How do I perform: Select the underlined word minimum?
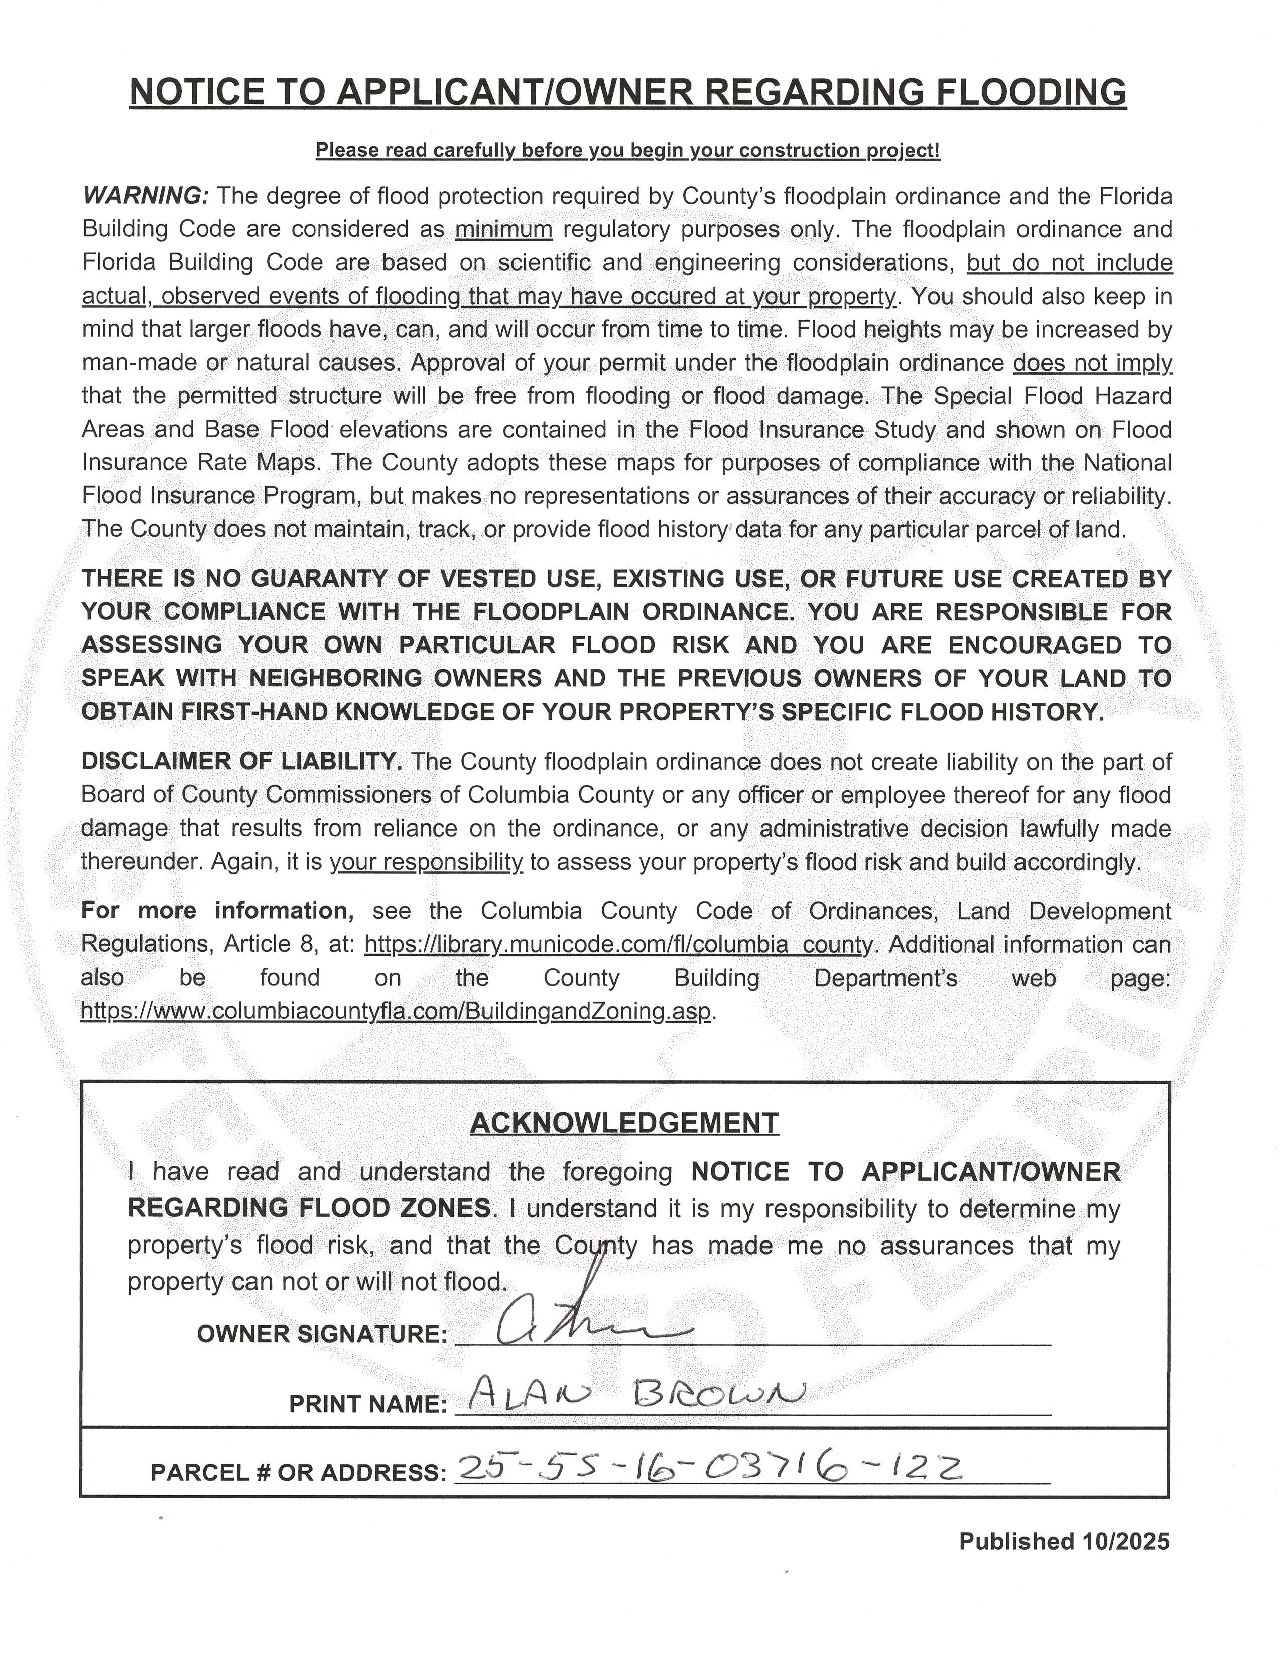point(503,229)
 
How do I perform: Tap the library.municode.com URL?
point(619,945)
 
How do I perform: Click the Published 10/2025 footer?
point(1064,1541)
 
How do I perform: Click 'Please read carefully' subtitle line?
point(627,150)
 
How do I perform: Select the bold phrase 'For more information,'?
point(214,911)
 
